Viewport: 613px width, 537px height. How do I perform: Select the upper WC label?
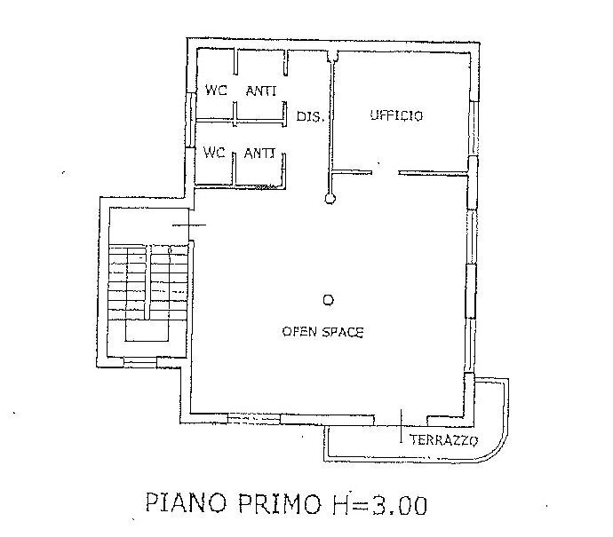[x=215, y=89]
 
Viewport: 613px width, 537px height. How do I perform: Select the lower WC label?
[x=214, y=153]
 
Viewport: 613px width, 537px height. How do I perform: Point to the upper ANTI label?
[x=259, y=89]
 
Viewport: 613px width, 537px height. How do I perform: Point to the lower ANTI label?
[x=259, y=153]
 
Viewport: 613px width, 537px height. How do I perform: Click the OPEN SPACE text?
[x=323, y=331]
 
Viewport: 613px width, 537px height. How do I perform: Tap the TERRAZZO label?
[x=443, y=440]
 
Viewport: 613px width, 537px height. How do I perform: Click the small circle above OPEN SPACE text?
[x=328, y=300]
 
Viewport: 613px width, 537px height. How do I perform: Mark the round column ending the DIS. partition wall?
[x=330, y=200]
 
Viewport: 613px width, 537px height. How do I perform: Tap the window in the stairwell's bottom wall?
[x=140, y=361]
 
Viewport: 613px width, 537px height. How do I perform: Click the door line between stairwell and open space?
[x=188, y=225]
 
